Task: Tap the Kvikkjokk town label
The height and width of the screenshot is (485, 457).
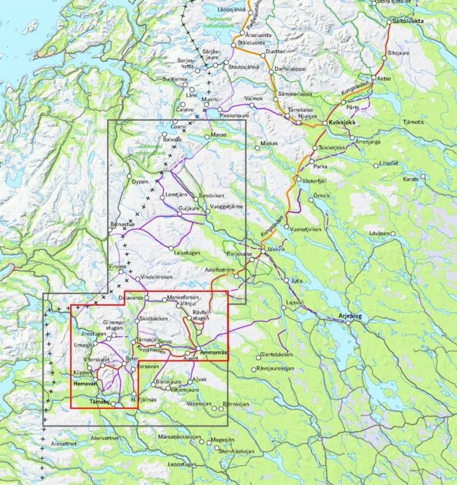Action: (339, 123)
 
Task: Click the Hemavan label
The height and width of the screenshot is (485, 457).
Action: (84, 383)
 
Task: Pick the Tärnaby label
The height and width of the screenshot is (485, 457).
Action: (100, 401)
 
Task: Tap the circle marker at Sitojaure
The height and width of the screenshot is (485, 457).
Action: (383, 58)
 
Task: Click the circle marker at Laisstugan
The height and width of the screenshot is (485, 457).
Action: (171, 248)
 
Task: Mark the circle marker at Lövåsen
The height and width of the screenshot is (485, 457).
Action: (393, 234)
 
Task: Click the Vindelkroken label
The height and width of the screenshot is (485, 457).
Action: (153, 277)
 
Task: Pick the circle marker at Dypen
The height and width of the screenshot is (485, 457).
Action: (129, 176)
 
